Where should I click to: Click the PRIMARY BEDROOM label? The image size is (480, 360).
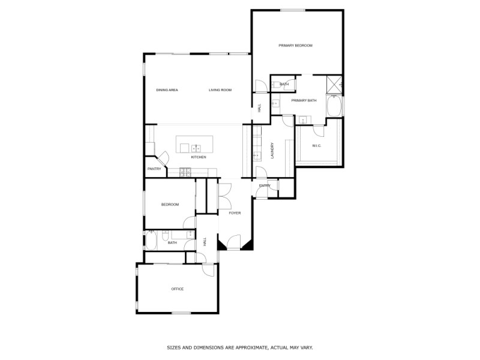tap(295, 46)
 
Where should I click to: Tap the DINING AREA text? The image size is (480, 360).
tap(167, 90)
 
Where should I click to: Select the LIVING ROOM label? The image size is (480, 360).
tap(220, 90)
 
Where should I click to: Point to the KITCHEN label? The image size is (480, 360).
tap(199, 157)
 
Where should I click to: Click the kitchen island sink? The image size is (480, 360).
tap(195, 147)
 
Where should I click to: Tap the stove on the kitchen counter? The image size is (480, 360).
tap(185, 172)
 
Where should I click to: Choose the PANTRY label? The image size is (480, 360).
tap(154, 169)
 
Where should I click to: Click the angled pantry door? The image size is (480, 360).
tap(163, 158)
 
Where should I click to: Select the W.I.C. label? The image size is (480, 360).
tap(317, 146)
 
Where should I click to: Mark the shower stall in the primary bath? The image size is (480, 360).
tap(334, 85)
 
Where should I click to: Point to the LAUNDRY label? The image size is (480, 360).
tap(272, 150)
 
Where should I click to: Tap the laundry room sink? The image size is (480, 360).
tap(256, 155)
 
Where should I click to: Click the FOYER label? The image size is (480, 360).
tap(235, 213)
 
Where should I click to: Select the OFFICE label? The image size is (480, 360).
tap(177, 289)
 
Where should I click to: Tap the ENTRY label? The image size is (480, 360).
tap(265, 186)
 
